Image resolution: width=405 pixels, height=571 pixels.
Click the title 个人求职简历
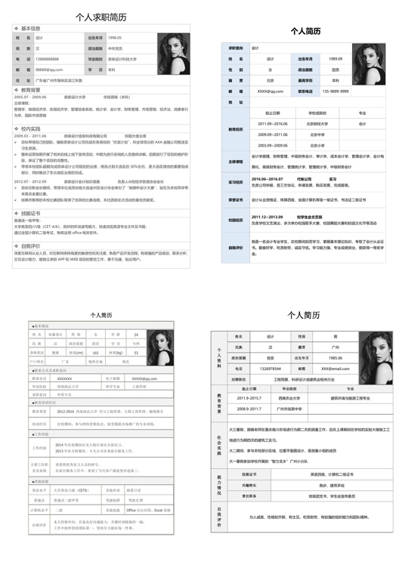(x=100, y=16)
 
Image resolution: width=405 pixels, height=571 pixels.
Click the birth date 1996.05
(x=115, y=37)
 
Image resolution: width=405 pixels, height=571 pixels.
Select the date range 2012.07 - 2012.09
(x=30, y=181)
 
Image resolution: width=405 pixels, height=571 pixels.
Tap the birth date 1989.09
(x=335, y=58)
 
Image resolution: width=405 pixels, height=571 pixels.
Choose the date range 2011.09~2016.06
(x=273, y=123)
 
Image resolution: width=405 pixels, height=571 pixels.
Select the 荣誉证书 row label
(x=236, y=200)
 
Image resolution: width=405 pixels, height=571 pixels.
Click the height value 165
(x=96, y=352)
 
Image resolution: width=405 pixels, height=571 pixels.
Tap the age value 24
(x=136, y=334)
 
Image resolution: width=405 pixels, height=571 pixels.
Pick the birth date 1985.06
(x=335, y=358)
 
